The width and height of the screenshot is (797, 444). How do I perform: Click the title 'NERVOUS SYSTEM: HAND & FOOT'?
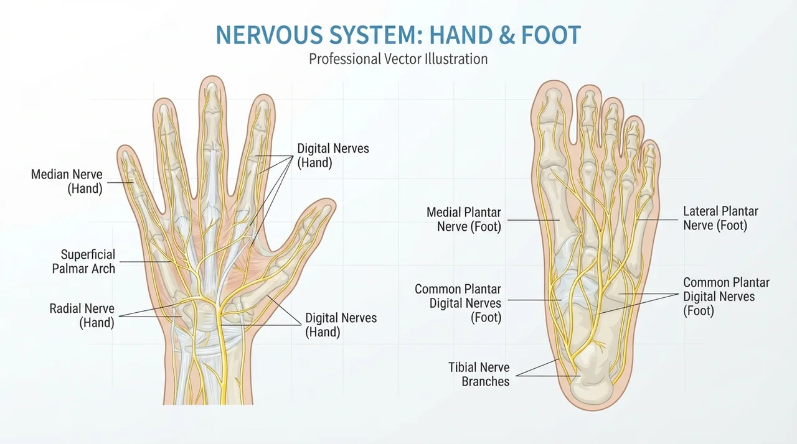point(398,35)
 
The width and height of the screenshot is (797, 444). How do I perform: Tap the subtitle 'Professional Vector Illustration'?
point(398,59)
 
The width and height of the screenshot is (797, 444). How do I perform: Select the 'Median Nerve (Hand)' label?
point(67,182)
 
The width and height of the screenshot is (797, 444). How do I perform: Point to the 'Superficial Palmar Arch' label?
point(83,261)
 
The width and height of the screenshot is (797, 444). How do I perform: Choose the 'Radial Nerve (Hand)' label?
point(82,315)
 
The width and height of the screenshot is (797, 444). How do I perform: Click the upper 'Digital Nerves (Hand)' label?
point(333,155)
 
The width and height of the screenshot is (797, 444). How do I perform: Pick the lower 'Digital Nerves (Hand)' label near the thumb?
point(341,325)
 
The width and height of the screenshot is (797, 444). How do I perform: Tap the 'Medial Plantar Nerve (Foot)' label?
point(464,220)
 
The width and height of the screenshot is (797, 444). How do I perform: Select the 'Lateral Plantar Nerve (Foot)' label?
point(720,218)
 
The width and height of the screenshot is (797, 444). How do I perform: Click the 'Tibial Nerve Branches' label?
point(479,374)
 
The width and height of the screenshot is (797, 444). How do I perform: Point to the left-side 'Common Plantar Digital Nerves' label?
point(458,303)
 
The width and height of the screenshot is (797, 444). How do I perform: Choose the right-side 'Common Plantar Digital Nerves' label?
point(726,297)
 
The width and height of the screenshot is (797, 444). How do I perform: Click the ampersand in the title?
point(507,35)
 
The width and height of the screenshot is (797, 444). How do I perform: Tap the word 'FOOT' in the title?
point(551,35)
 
